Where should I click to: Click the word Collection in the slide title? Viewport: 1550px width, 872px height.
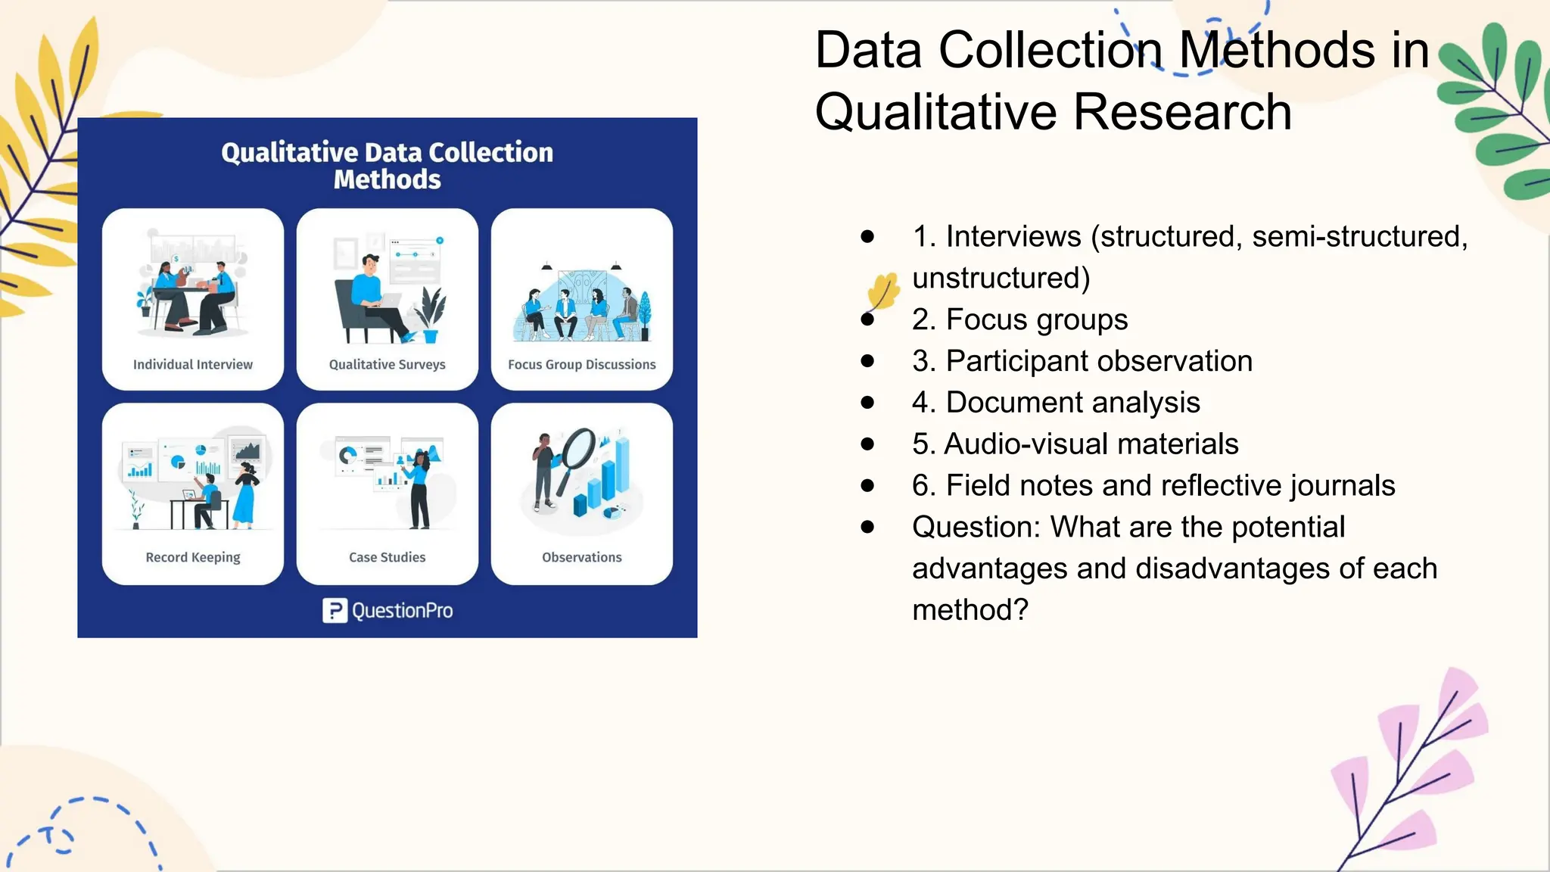[x=1050, y=51]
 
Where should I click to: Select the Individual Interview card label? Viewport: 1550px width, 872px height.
[x=193, y=364]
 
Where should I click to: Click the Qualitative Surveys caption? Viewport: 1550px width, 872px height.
[x=387, y=364]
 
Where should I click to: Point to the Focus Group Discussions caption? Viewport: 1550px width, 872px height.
[x=581, y=364]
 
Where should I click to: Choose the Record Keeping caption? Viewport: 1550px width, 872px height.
[x=193, y=557]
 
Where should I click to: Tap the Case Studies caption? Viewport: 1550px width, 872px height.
[x=387, y=557]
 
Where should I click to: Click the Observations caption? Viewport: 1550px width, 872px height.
[x=581, y=557]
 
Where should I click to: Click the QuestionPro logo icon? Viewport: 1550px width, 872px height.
[x=335, y=610]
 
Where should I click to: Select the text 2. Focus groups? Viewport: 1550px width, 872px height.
[x=1019, y=319]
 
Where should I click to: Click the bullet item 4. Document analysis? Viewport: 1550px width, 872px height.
[x=1056, y=403]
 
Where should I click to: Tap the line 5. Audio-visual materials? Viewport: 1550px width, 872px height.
[x=1075, y=444]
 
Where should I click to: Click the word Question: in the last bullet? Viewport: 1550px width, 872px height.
[x=977, y=527]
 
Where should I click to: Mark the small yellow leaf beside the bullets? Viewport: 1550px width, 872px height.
[x=882, y=291]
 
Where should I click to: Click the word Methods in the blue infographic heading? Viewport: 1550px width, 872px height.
[x=387, y=180]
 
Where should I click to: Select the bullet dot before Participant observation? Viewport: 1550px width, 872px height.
[x=867, y=361]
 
